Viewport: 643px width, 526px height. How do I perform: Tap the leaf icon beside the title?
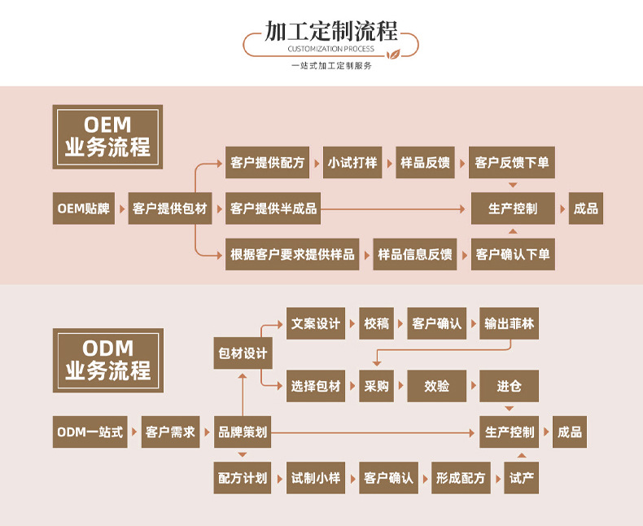(392, 55)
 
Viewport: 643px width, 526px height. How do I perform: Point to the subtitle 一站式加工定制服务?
(331, 65)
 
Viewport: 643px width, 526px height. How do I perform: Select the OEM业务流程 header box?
(107, 137)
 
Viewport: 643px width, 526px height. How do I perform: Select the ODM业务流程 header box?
(107, 360)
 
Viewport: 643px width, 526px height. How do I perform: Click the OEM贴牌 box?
(84, 208)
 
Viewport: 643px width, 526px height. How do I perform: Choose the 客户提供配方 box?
(267, 163)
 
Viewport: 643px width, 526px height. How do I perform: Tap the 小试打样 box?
(352, 163)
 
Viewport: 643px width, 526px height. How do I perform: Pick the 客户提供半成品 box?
(273, 208)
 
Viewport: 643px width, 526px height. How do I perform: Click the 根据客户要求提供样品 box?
(293, 254)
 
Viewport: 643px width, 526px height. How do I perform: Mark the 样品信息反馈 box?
(414, 254)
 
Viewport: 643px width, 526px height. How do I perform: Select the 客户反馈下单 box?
(512, 163)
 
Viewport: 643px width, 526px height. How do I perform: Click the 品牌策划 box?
(243, 432)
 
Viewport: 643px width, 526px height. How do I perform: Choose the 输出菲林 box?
(510, 323)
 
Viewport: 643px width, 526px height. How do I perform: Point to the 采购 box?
(377, 386)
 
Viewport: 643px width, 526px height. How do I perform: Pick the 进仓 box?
(510, 386)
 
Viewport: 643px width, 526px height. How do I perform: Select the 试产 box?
(522, 478)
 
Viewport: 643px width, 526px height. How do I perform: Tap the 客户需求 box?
(170, 432)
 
